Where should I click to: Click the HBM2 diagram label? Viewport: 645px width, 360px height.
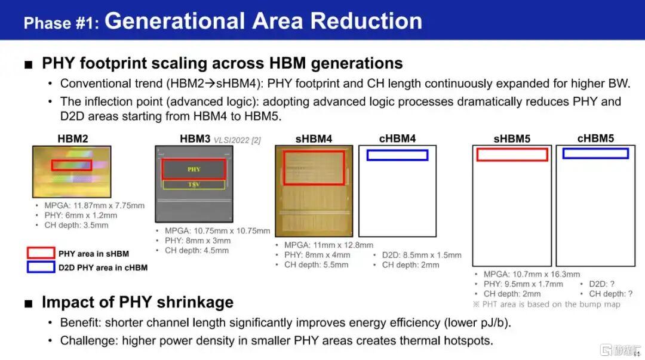[73, 139]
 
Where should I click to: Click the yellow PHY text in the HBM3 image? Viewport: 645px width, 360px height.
[193, 169]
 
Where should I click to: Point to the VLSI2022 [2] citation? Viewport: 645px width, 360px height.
[237, 140]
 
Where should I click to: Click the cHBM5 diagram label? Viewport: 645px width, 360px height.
[595, 139]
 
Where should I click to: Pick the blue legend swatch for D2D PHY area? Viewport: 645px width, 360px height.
[41, 262]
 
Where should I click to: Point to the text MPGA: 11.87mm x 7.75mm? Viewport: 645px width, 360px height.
[94, 205]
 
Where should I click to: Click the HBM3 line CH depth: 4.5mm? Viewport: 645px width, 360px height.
[196, 251]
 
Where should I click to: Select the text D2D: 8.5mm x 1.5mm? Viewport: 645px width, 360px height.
[422, 255]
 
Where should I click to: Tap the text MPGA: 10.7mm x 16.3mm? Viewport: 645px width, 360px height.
[532, 274]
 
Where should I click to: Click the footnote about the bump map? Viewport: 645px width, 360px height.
[546, 304]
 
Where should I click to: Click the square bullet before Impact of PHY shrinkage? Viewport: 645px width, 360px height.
[29, 303]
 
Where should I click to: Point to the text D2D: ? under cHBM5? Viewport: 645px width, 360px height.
[602, 284]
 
